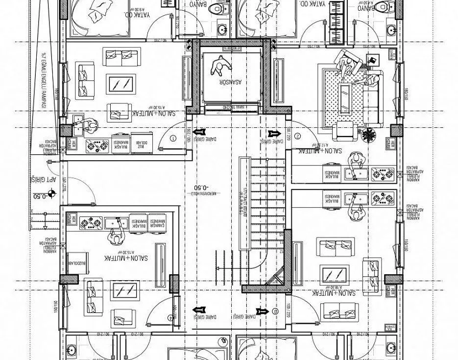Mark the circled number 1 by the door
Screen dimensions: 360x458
(172, 139)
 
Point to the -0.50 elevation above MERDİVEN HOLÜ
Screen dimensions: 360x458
(201, 188)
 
